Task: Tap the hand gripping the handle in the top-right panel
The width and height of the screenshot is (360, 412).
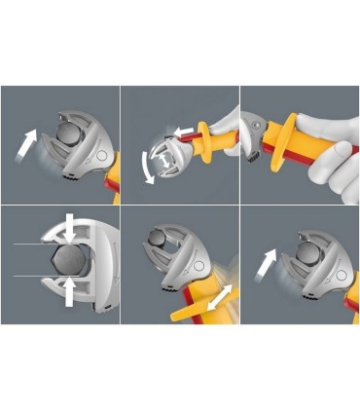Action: [326, 146]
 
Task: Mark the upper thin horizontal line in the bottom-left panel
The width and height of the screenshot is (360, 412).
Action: [29, 244]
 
